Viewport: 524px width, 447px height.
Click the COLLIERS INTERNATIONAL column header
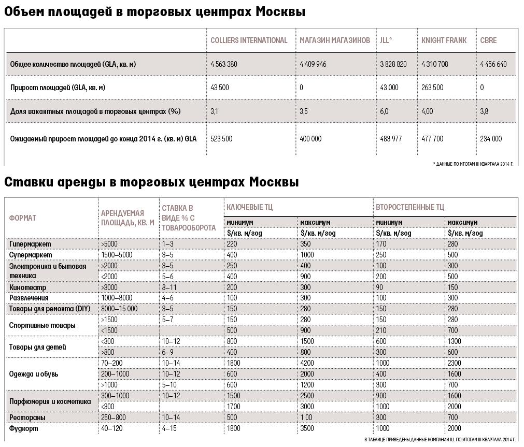point(249,40)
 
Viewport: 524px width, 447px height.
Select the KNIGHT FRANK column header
point(444,40)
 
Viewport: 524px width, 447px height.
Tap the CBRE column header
point(489,40)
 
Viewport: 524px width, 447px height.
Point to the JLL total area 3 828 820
point(393,64)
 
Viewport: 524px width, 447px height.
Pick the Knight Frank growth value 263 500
point(432,88)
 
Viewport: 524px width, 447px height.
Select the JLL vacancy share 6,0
point(384,111)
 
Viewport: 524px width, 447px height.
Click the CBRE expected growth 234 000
point(491,139)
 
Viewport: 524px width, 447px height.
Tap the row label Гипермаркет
point(30,243)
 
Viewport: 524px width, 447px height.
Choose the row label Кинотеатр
point(27,287)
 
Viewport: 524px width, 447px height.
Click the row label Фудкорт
point(24,428)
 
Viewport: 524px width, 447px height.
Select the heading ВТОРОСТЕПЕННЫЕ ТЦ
point(409,207)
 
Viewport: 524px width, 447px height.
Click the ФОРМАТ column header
point(23,218)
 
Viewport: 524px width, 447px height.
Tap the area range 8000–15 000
point(120,309)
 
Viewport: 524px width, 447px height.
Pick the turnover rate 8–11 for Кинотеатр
point(169,287)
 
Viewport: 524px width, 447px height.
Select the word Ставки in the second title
point(31,183)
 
